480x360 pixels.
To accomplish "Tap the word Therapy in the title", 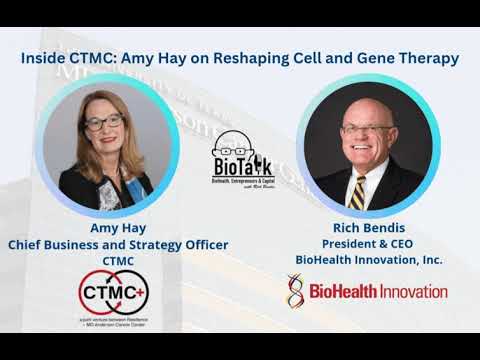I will (426, 58).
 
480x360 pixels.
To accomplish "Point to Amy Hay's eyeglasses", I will (103, 123).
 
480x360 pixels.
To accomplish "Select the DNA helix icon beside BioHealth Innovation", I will (295, 290).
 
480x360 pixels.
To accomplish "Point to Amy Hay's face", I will (103, 127).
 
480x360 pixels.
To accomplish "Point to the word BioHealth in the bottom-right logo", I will (338, 291).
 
